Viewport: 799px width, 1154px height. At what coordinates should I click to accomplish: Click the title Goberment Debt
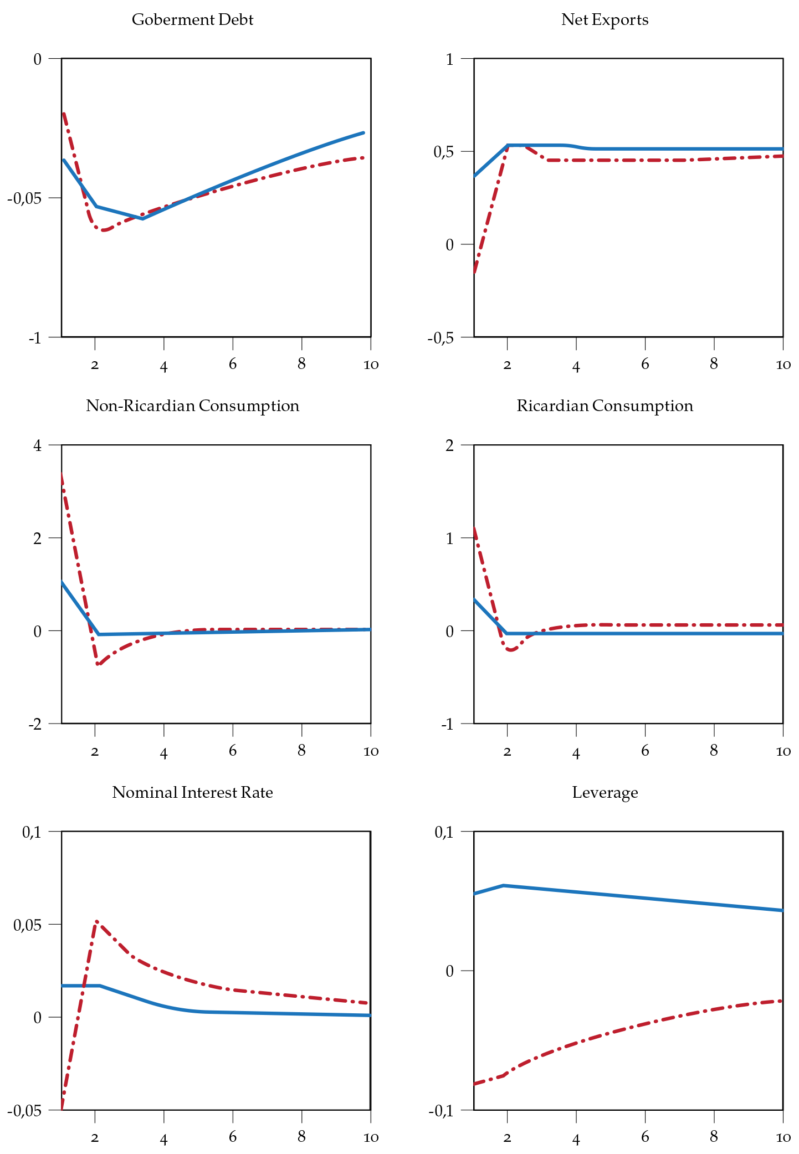192,20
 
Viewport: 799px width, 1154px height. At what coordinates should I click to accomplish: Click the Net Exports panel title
605,20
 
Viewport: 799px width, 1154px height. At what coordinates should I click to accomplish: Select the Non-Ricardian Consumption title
192,406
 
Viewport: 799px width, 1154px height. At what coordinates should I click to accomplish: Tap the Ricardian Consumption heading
605,406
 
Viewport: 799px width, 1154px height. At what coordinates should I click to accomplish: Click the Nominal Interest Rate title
192,793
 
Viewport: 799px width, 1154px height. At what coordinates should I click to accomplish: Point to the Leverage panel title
605,793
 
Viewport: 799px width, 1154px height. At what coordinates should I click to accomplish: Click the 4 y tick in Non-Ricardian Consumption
37,445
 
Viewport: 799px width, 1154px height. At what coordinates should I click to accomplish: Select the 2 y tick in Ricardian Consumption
449,445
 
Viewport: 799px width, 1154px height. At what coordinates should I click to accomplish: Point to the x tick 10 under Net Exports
783,365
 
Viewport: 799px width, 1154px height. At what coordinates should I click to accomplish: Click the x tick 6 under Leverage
645,1137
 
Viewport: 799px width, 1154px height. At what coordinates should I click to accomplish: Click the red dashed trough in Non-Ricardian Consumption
98,664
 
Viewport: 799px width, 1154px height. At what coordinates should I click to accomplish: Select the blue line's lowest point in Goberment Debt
142,219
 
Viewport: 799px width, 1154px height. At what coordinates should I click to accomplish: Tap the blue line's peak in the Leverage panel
504,885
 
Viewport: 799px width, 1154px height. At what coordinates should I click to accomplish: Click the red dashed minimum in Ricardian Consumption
510,650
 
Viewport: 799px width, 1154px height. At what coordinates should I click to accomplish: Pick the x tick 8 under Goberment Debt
301,363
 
